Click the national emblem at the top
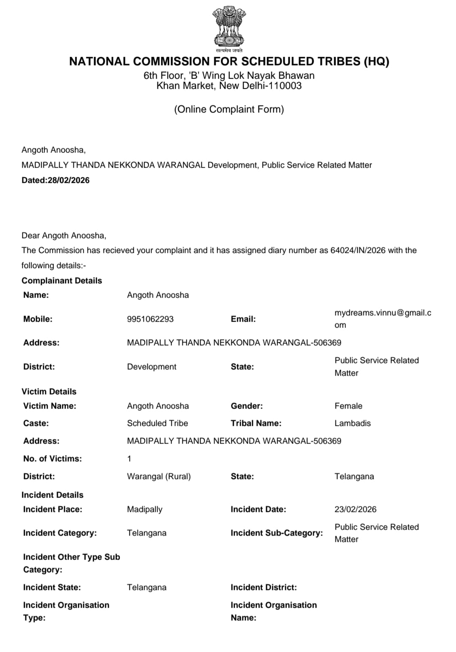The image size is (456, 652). pos(229,27)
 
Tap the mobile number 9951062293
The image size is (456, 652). pos(150,319)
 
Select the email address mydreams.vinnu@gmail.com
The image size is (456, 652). pos(383,319)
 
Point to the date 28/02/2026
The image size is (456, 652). pos(68,180)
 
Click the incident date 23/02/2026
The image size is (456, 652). pos(356,509)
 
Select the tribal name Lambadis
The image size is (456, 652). pos(353,423)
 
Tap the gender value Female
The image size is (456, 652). pos(348,406)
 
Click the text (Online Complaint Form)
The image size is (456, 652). pos(229,109)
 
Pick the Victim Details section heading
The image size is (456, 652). pos(49,392)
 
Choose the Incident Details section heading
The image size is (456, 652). pos(52,495)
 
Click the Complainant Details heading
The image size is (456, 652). pos(62,281)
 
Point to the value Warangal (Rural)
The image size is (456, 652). pos(159,476)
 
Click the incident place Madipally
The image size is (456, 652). pos(144,509)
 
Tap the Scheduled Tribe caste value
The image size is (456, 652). pos(157,423)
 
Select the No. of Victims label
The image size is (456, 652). pos(52,459)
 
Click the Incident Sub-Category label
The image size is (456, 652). pos(277,533)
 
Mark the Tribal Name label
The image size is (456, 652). pos(256,423)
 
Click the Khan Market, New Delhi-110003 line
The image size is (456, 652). pos(229,86)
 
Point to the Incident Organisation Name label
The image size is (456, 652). pos(274,611)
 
